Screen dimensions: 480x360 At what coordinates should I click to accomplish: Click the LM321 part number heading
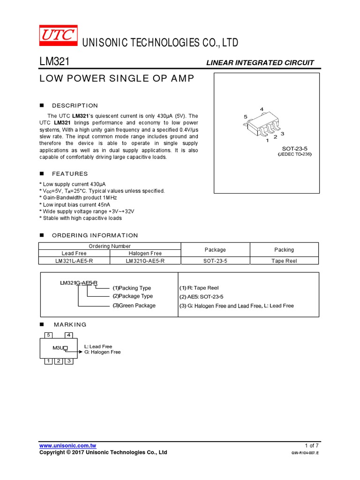coord(54,62)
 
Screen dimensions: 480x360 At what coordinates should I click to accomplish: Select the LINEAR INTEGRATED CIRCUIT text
coord(260,63)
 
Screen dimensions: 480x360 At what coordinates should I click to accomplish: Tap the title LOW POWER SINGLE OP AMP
coord(116,79)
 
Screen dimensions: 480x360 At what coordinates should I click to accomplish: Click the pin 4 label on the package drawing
coord(262,109)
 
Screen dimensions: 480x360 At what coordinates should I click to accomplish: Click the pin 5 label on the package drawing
coord(246,117)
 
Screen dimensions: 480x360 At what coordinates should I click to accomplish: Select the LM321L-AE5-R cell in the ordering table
coord(74,261)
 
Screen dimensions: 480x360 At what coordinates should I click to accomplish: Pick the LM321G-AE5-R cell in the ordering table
coord(145,261)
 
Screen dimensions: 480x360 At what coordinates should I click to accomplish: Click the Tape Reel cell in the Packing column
coord(284,261)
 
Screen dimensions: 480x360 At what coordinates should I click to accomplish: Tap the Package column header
coord(215,250)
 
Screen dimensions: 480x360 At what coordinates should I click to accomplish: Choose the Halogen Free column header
coord(145,253)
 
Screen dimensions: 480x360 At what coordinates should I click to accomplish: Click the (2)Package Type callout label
coord(132,296)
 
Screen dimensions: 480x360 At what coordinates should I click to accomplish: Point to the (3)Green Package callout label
coord(134,306)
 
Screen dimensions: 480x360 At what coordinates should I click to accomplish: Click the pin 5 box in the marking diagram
coord(48,335)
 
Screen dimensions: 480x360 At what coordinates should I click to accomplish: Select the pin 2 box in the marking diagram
coord(58,361)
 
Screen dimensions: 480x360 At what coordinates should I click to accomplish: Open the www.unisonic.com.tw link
coord(68,445)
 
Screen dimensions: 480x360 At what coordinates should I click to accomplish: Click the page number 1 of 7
coord(311,445)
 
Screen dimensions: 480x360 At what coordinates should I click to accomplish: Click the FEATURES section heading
coord(70,174)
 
